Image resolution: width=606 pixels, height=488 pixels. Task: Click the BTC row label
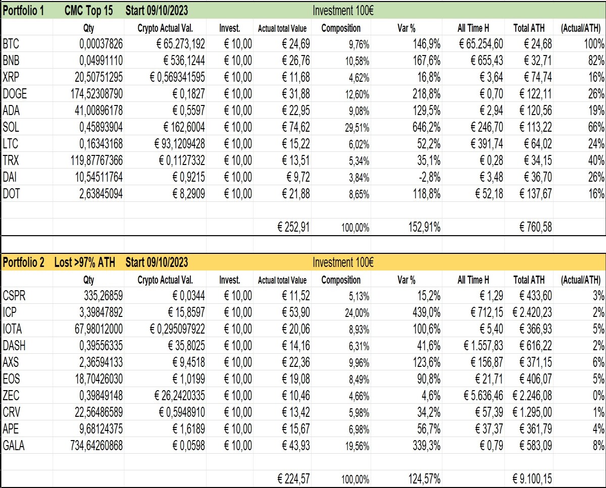click(11, 44)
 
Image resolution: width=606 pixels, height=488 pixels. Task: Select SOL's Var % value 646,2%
click(426, 127)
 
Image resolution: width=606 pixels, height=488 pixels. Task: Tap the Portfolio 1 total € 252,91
click(293, 227)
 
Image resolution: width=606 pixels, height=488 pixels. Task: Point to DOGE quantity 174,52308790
click(96, 94)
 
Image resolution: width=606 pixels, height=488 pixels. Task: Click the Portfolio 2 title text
click(23, 262)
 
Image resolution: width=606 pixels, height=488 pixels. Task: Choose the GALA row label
click(14, 446)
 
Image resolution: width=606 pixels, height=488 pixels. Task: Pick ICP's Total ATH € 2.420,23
click(532, 312)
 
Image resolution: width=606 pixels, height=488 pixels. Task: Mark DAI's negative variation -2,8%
click(429, 177)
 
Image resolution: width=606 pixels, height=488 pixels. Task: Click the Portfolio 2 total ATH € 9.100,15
click(532, 479)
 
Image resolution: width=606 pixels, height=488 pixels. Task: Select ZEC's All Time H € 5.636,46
click(483, 396)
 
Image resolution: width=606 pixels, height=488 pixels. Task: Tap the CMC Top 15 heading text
click(88, 11)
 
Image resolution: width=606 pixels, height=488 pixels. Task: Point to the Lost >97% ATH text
click(84, 262)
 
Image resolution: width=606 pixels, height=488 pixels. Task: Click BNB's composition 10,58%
click(357, 61)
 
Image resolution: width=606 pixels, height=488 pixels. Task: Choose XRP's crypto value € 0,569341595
click(177, 77)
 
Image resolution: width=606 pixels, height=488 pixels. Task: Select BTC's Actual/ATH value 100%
click(594, 44)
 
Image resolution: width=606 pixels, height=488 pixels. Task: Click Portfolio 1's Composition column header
click(341, 28)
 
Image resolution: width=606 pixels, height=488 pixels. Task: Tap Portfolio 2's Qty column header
click(88, 280)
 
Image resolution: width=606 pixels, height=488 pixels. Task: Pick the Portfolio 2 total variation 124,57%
click(424, 479)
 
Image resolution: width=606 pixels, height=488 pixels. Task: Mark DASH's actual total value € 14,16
click(296, 346)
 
